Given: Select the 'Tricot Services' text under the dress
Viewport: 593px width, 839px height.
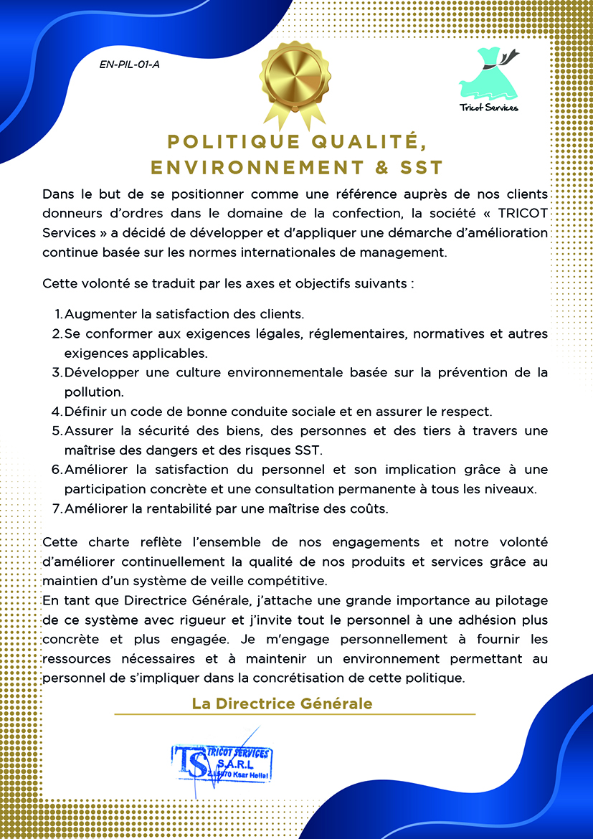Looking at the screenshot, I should pyautogui.click(x=489, y=108).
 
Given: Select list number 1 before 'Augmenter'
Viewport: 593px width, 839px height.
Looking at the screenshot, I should pyautogui.click(x=58, y=314).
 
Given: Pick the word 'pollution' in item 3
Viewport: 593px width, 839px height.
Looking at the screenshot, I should pyautogui.click(x=94, y=392).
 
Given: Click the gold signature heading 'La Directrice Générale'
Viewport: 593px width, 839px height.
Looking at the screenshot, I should pyautogui.click(x=282, y=703).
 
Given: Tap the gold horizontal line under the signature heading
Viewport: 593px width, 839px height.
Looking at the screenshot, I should pyautogui.click(x=295, y=714).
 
